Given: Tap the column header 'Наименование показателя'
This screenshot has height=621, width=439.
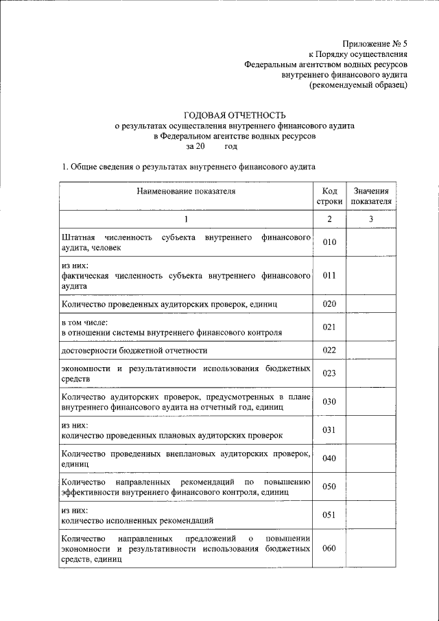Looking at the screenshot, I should tap(186, 191).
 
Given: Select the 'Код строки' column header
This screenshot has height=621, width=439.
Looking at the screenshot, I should tap(329, 196).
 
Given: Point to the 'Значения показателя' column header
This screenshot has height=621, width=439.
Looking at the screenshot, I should tap(371, 196).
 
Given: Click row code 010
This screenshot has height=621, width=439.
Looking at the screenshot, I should tap(329, 242).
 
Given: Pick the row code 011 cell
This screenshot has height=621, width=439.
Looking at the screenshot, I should tap(329, 276).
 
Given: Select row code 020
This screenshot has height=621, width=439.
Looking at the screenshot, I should tap(329, 303).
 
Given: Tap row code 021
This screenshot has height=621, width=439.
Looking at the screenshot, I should tap(329, 327).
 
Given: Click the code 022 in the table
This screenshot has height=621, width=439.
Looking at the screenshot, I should tap(329, 351).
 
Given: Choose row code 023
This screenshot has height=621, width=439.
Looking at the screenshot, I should tap(329, 374).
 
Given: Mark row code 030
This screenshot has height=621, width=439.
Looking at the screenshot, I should tap(329, 401).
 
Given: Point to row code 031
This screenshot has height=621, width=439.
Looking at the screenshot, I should tap(329, 430).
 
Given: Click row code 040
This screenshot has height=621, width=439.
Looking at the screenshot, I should tap(329, 458).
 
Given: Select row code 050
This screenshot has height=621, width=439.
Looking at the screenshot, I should tap(329, 487).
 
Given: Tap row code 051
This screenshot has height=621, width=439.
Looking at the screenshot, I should tap(329, 515).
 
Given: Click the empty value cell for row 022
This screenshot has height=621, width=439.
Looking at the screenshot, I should tap(371, 351).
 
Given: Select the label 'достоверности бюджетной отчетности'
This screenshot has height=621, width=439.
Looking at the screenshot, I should tap(134, 351).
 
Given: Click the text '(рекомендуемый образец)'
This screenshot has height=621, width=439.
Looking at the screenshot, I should tap(359, 85).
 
